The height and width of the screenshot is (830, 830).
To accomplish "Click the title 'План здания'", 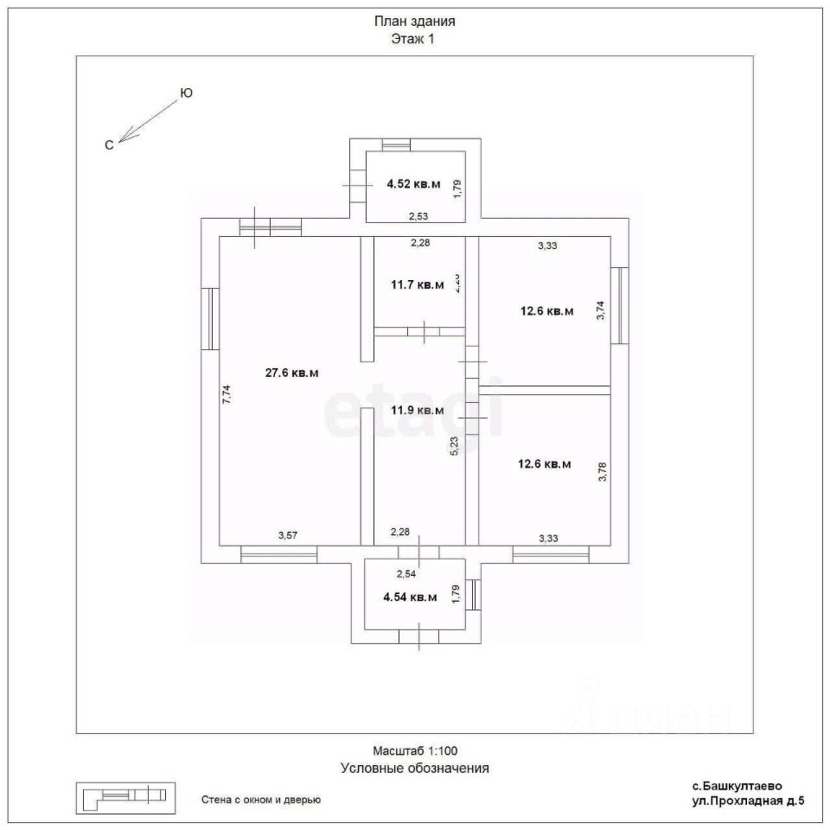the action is point(414,22).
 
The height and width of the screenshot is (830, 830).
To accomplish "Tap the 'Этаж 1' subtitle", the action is point(414,39).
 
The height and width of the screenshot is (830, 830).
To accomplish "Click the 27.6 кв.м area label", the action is point(291,373).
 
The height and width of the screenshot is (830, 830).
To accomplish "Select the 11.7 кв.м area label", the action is point(417,284).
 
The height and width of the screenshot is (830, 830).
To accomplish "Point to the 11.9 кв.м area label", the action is point(417,410).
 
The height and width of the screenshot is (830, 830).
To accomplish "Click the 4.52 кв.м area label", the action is point(412,184).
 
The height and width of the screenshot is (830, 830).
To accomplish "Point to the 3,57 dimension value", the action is point(287,536).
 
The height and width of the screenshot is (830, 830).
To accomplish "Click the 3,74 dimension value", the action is point(602,310).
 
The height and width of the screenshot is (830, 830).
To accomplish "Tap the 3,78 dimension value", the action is point(603,472).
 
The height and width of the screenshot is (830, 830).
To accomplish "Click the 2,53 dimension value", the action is point(418,216).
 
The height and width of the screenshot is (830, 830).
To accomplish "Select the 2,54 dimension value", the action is point(406,573).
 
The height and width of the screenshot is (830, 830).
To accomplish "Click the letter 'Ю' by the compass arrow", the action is point(185,93).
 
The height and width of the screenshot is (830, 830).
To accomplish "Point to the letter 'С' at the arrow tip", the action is point(109,145).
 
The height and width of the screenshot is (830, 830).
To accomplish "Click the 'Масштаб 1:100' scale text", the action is point(415,751).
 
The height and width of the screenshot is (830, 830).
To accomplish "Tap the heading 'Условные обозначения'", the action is point(415,767).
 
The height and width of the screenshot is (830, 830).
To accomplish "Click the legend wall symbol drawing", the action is point(124,797).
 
